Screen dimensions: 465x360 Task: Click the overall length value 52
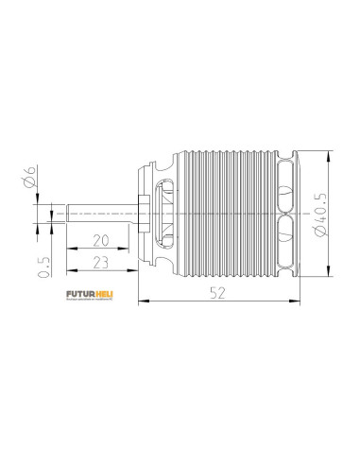point(219,294)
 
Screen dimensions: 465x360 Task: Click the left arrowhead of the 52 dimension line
point(141,303)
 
